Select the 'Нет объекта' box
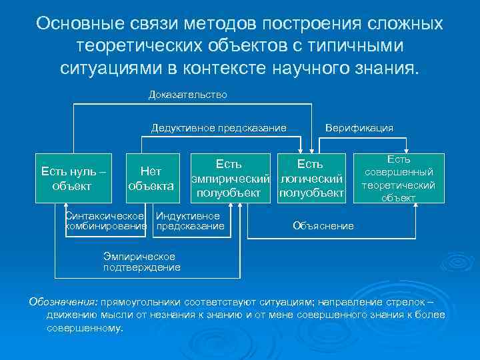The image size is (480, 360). (151, 179)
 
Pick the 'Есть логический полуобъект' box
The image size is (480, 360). (311, 179)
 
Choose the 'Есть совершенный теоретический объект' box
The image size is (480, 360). (398, 178)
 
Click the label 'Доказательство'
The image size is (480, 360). (187, 95)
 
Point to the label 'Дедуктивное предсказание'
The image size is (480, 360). (219, 127)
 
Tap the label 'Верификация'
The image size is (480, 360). (359, 127)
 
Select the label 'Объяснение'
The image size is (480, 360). (323, 226)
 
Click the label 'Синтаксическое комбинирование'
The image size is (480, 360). (105, 221)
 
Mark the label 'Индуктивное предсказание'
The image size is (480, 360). (189, 221)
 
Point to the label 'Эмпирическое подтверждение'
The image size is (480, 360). (141, 262)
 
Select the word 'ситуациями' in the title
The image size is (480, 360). (111, 69)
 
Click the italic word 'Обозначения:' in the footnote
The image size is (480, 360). (63, 301)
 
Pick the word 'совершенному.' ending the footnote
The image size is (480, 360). (85, 328)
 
